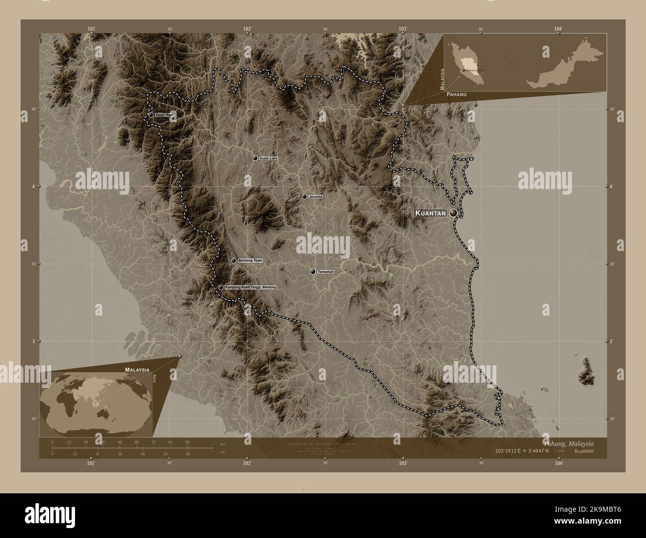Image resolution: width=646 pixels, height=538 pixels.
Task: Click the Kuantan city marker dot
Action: tap(453, 213)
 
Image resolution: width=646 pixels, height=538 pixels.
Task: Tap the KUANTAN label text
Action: tap(430, 213)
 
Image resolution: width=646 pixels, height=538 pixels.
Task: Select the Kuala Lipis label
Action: tap(268, 158)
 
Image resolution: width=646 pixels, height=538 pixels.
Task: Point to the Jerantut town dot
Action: tap(304, 197)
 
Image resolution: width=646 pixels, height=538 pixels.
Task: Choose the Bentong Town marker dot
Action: tap(234, 260)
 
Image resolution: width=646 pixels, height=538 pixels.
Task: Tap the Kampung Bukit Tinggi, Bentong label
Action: tap(250, 287)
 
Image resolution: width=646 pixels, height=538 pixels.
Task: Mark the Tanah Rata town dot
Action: tap(151, 115)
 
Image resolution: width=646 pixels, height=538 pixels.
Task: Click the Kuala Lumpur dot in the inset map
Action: tap(464, 71)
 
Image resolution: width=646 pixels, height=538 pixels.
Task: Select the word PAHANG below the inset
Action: tap(456, 94)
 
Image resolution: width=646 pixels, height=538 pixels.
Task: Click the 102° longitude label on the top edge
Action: tap(247, 29)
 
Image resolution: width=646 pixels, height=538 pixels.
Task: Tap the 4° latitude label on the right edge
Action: tap(612, 187)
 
